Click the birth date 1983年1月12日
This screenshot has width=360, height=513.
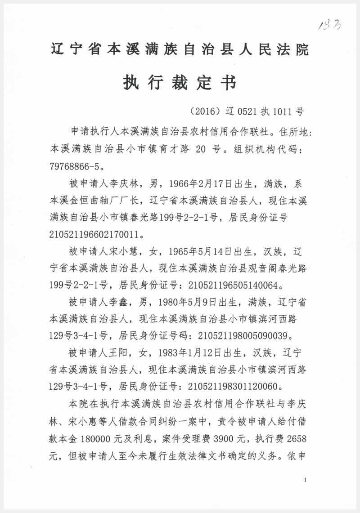[x=192, y=352]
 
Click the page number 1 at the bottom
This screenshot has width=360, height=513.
[x=305, y=480]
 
